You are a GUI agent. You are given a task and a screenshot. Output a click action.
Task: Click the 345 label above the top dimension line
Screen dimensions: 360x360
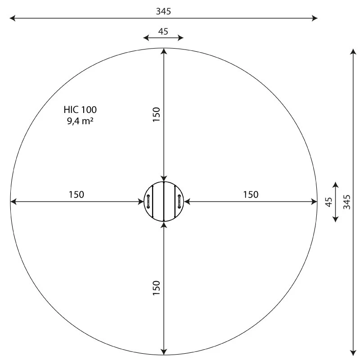pos(163,11)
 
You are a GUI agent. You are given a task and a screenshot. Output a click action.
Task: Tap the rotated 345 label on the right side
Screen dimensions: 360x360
pos(346,202)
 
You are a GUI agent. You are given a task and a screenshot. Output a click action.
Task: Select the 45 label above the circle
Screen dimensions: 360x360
pos(163,31)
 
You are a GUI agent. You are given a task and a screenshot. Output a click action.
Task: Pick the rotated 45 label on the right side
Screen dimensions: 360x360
pos(329,202)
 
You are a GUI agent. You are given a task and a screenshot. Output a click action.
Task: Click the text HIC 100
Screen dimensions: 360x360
pos(80,110)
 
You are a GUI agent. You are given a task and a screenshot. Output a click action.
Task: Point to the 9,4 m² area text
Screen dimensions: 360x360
pos(80,121)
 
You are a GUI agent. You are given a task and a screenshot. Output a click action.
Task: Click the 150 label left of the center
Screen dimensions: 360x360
pos(76,194)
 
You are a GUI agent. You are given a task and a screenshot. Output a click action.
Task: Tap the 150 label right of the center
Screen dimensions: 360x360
pos(251,194)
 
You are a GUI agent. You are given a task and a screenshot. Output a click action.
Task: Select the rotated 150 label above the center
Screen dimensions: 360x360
pos(156,114)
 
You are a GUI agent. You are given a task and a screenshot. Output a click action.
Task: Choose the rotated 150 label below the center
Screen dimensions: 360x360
pos(156,288)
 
